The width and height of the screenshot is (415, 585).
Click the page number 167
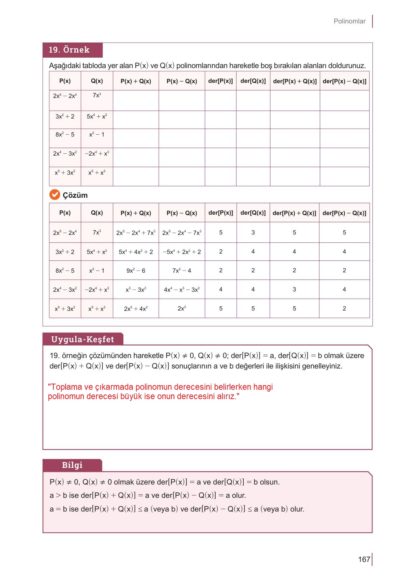click(364, 559)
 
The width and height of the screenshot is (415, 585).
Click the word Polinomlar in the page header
click(349, 21)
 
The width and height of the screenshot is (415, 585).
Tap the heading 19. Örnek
click(69, 50)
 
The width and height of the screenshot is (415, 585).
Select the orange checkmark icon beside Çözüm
click(54, 195)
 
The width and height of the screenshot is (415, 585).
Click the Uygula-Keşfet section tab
click(83, 339)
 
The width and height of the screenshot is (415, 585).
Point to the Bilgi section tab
click(72, 465)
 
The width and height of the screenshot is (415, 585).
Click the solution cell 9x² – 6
click(136, 271)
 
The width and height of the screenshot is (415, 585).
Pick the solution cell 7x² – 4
click(182, 271)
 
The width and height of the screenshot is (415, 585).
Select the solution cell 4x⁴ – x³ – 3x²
click(182, 290)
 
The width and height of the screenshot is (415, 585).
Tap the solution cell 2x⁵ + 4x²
click(136, 309)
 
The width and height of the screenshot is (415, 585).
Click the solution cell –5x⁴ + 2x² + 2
click(182, 252)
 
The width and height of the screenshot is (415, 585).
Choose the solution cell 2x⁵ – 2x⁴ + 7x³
click(136, 233)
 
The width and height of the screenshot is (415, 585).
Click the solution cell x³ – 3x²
click(136, 290)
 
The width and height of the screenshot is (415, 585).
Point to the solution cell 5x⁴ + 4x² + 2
click(136, 252)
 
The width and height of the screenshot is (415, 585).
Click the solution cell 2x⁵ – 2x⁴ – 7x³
click(182, 233)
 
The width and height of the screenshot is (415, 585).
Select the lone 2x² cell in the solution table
click(182, 308)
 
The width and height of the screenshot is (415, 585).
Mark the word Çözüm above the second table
click(75, 195)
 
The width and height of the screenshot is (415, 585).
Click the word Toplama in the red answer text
click(67, 387)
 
